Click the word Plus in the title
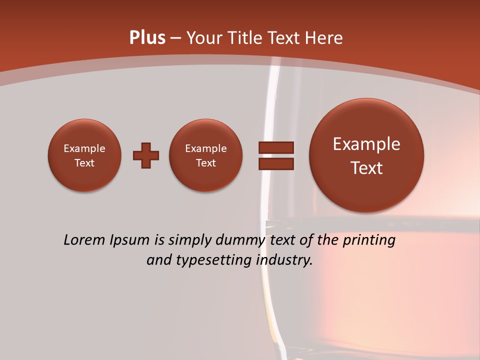pos(147,38)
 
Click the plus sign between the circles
pos(146,155)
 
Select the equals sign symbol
pos(276,155)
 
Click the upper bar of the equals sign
pos(276,147)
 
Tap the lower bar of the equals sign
pos(276,164)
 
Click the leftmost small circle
pos(84,155)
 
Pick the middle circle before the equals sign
pos(205,155)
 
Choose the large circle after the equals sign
pos(366,155)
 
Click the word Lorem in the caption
pos(83,240)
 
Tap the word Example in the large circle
pos(366,144)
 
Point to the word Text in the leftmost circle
pos(84,163)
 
